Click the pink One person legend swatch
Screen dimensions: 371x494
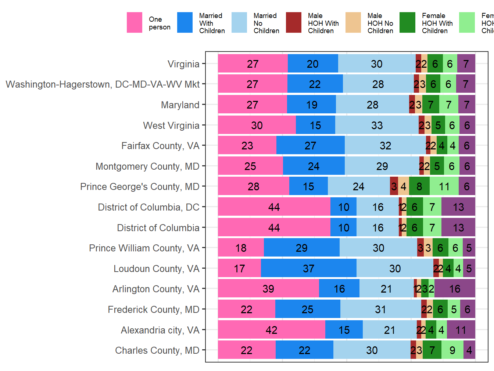[135, 23]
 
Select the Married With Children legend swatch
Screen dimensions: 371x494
[185, 23]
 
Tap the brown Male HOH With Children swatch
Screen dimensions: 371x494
[294, 23]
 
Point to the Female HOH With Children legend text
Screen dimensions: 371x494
[437, 23]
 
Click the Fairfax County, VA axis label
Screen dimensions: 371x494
[160, 146]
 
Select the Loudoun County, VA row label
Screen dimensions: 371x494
[156, 269]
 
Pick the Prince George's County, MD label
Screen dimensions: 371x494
[140, 187]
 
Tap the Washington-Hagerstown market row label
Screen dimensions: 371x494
[103, 84]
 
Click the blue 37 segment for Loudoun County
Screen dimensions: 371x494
[308, 268]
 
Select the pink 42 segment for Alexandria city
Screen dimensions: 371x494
[271, 330]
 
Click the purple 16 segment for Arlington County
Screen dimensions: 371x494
[455, 289]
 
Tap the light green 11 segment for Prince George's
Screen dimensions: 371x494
[444, 186]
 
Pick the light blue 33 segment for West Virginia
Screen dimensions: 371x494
[377, 125]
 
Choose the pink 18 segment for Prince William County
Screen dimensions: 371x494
[241, 248]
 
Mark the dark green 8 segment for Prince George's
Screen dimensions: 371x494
[419, 186]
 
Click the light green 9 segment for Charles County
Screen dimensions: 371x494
[452, 350]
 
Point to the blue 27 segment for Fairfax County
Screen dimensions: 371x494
[310, 145]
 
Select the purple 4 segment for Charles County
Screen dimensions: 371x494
[469, 350]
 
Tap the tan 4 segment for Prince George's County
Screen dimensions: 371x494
[404, 186]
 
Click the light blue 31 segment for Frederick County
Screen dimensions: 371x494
[380, 309]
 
